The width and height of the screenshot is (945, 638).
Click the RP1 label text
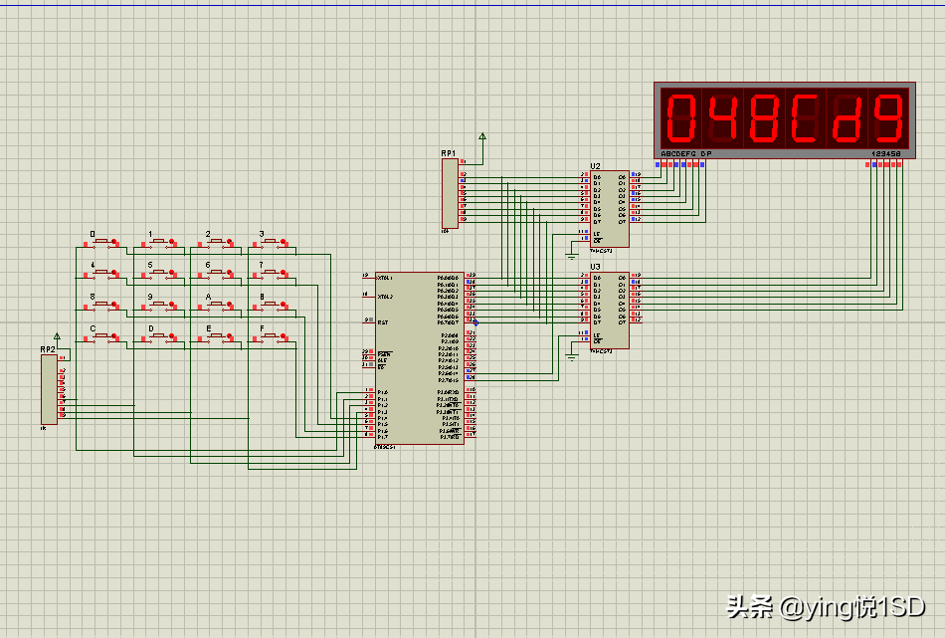(x=449, y=153)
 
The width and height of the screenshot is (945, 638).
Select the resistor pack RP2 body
(x=49, y=388)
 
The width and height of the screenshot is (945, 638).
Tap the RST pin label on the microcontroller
(x=382, y=321)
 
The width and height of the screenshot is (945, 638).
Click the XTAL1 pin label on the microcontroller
(x=384, y=277)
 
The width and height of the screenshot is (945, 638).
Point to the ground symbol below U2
(x=571, y=255)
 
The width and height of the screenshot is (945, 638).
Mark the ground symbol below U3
(x=571, y=351)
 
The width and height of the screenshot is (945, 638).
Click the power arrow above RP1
(x=482, y=136)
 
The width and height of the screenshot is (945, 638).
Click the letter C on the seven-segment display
(x=804, y=117)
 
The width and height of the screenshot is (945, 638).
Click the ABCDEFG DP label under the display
(x=686, y=154)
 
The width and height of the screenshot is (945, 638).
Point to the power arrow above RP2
(x=57, y=336)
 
